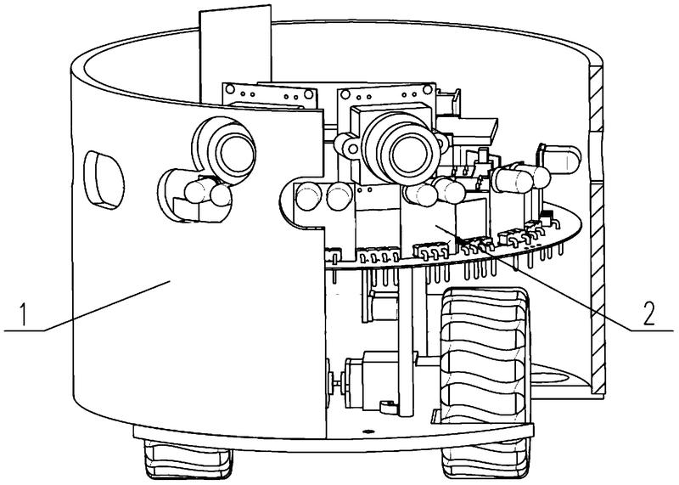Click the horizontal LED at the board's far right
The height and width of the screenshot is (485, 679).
pos(556,159)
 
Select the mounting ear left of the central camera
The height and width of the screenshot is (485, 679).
pos(346,141)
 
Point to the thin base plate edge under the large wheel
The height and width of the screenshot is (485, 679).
pos(484,429)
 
